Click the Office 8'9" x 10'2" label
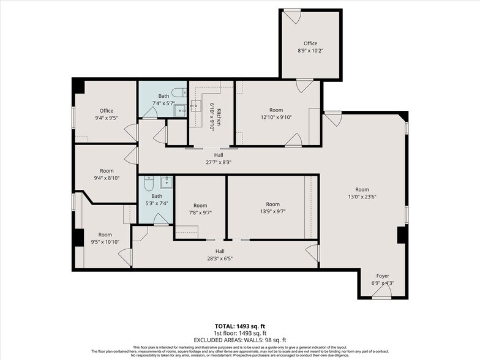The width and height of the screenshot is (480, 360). (x=310, y=47)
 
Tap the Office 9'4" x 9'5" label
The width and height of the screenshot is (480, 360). (x=107, y=114)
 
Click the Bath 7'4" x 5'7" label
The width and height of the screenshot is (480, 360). (x=163, y=99)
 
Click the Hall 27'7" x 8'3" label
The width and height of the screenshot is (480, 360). (x=219, y=159)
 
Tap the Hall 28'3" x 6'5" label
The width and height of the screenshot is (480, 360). (x=219, y=255)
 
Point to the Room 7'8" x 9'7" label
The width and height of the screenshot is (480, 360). (x=200, y=209)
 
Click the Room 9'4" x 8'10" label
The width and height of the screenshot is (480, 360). (x=107, y=174)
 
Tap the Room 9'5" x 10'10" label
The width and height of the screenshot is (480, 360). (x=105, y=238)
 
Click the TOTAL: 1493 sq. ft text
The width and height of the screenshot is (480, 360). (x=240, y=326)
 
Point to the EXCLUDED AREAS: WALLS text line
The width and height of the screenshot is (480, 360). (x=240, y=340)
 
